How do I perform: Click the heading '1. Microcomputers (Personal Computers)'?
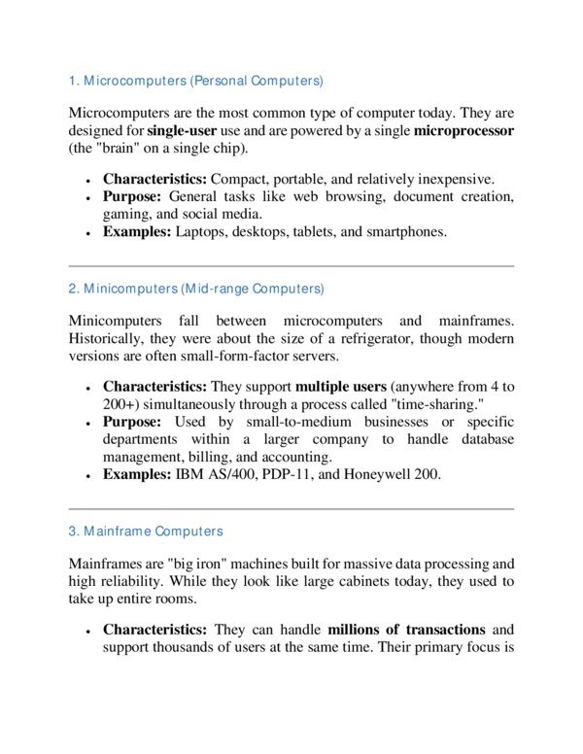(195, 79)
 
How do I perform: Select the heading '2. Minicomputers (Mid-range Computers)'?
(196, 289)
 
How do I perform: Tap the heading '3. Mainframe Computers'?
(146, 531)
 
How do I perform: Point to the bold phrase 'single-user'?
(186, 129)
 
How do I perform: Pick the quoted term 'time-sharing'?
(429, 403)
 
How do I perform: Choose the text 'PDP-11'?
(279, 475)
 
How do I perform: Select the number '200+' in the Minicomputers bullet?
(120, 403)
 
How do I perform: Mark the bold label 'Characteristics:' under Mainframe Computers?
(154, 629)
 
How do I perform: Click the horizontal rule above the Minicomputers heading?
(291, 265)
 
